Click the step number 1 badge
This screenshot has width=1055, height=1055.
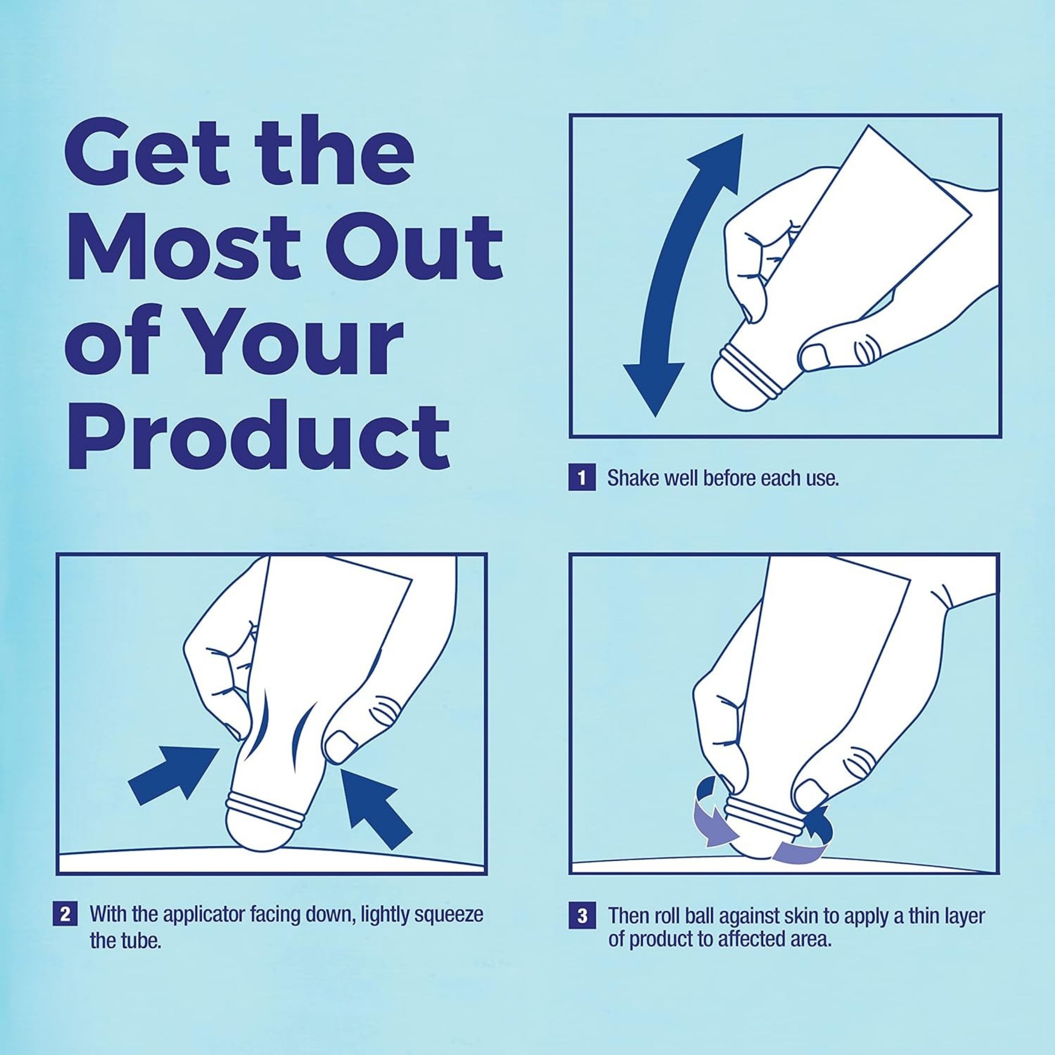tap(582, 479)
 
